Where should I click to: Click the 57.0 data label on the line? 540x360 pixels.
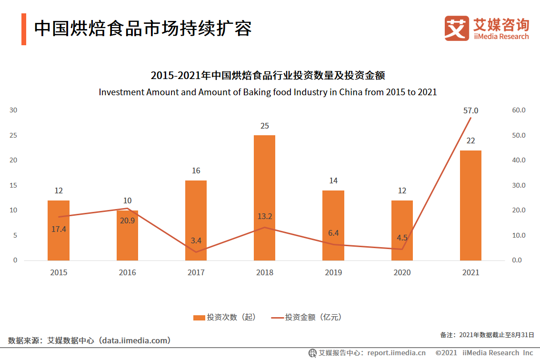(x=470, y=110)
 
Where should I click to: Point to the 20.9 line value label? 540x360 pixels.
(x=127, y=220)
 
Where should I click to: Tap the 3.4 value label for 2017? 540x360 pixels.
(x=196, y=241)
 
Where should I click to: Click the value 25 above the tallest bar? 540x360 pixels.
(x=264, y=126)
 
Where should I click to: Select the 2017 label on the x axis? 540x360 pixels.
(x=196, y=272)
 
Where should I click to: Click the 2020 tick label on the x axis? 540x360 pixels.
(x=402, y=272)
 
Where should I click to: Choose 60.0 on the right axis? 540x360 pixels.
(x=518, y=110)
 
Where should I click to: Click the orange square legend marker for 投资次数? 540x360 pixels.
(x=199, y=317)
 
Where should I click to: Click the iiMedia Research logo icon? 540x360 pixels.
(x=456, y=28)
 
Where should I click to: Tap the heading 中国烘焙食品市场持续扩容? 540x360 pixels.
(x=143, y=29)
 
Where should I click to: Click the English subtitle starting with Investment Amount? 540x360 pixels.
(x=268, y=92)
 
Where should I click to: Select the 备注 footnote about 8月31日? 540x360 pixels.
(x=487, y=335)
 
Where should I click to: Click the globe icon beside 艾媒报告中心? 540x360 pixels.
(x=312, y=353)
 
